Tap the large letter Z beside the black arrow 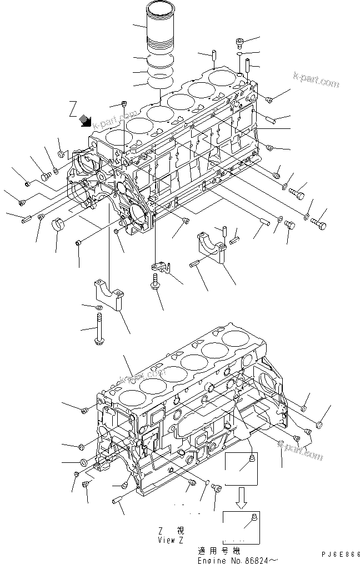pyautogui.click(x=72, y=108)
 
